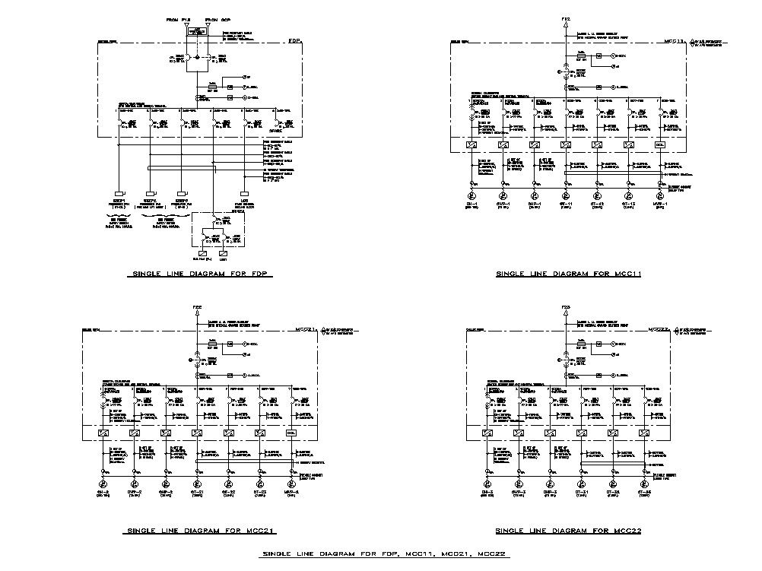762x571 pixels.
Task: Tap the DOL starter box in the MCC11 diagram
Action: click(x=660, y=144)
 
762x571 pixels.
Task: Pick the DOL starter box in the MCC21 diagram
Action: click(x=291, y=433)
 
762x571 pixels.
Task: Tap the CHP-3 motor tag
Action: click(x=549, y=492)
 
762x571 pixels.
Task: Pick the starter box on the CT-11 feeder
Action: click(x=566, y=144)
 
